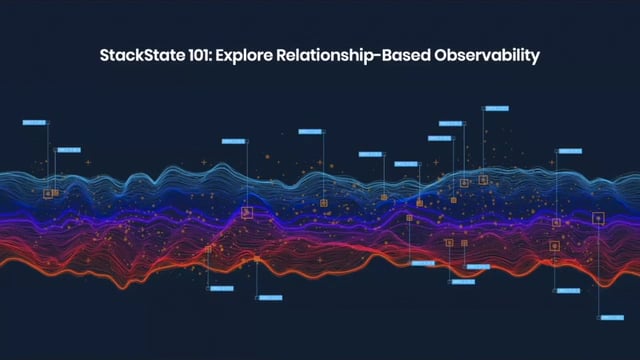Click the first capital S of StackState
pos(106,56)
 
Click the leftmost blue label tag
pos(34,123)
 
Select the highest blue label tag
pos(495,108)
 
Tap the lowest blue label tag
pos(611,317)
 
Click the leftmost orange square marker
pos(47,193)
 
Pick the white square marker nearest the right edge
pos(598,217)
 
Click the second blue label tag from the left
pos(67,150)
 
